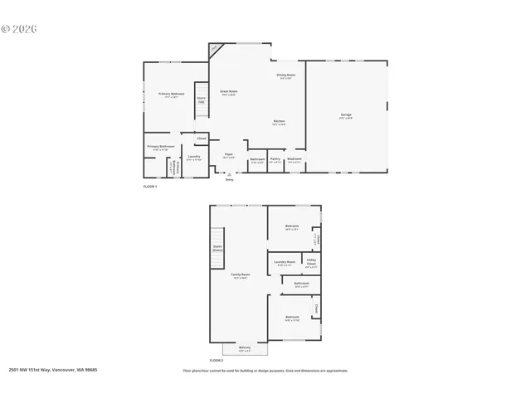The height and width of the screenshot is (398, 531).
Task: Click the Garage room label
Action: (x=346, y=115)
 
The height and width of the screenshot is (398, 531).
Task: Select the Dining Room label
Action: (x=285, y=76)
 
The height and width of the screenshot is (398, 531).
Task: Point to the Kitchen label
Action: (x=280, y=122)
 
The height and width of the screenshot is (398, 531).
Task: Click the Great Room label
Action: (x=229, y=92)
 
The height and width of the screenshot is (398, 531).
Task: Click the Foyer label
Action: (x=228, y=155)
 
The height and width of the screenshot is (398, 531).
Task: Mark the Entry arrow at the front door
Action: (x=230, y=175)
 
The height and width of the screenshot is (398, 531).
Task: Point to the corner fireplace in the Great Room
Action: (x=214, y=50)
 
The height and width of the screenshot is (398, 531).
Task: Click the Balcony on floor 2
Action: (x=245, y=348)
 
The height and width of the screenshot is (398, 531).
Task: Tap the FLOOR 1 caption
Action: (x=150, y=187)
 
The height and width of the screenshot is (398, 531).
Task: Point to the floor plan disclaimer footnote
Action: (x=265, y=371)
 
